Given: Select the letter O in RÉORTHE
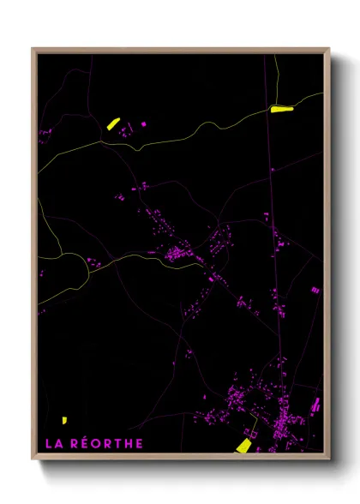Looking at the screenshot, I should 95,443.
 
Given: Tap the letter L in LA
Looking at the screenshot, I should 46,443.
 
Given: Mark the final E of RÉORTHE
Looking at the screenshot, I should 139,443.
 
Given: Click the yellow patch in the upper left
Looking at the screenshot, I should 112,123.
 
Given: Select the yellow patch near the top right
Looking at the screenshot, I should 281,109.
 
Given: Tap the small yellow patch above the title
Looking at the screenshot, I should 64,420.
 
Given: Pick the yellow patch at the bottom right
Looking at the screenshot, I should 243,445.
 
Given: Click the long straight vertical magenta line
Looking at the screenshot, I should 274,257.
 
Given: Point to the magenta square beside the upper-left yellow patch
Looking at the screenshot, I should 143,124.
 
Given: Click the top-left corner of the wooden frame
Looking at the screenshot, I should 33,49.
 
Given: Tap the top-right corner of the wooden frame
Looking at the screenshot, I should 330,49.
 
